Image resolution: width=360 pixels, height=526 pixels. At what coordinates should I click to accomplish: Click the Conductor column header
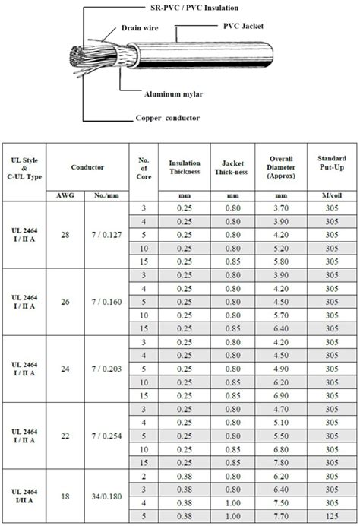click(87, 166)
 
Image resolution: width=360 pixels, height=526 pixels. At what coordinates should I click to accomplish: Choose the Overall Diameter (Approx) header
click(282, 167)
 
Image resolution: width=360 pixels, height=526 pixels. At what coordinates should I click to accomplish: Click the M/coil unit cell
click(331, 195)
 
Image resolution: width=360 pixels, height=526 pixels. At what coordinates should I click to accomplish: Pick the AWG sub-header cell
click(65, 195)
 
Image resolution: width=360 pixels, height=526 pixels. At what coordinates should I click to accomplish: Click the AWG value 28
click(65, 235)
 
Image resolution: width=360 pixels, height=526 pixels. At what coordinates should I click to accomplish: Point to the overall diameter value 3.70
click(282, 208)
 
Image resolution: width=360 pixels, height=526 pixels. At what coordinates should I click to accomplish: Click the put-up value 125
click(331, 516)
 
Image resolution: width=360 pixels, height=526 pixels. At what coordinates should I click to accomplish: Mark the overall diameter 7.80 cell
click(282, 463)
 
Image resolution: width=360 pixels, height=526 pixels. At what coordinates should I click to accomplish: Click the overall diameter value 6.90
click(282, 396)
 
